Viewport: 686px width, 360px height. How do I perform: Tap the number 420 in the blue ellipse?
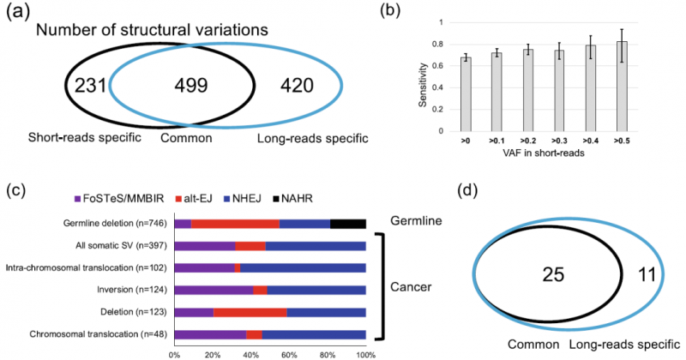299,86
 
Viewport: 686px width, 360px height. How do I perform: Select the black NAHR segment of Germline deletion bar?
348,224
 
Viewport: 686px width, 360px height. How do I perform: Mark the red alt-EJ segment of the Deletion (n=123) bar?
250,312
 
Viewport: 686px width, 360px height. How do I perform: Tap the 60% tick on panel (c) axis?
289,352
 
